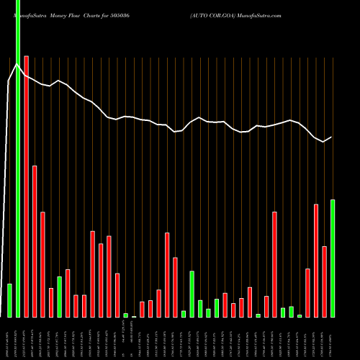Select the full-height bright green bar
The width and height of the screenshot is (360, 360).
pyautogui.click(x=18, y=158)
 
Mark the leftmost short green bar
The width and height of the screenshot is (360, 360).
pyautogui.click(x=9, y=300)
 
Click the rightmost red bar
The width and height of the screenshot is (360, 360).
pyautogui.click(x=324, y=282)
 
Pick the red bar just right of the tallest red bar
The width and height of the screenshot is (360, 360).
pyautogui.click(x=35, y=241)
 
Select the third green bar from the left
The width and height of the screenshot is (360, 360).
pyautogui.click(x=59, y=297)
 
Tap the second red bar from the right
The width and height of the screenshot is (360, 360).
pyautogui.click(x=316, y=261)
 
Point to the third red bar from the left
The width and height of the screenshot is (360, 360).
pyautogui.click(x=42, y=264)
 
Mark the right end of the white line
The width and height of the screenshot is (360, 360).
pyautogui.click(x=332, y=137)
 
